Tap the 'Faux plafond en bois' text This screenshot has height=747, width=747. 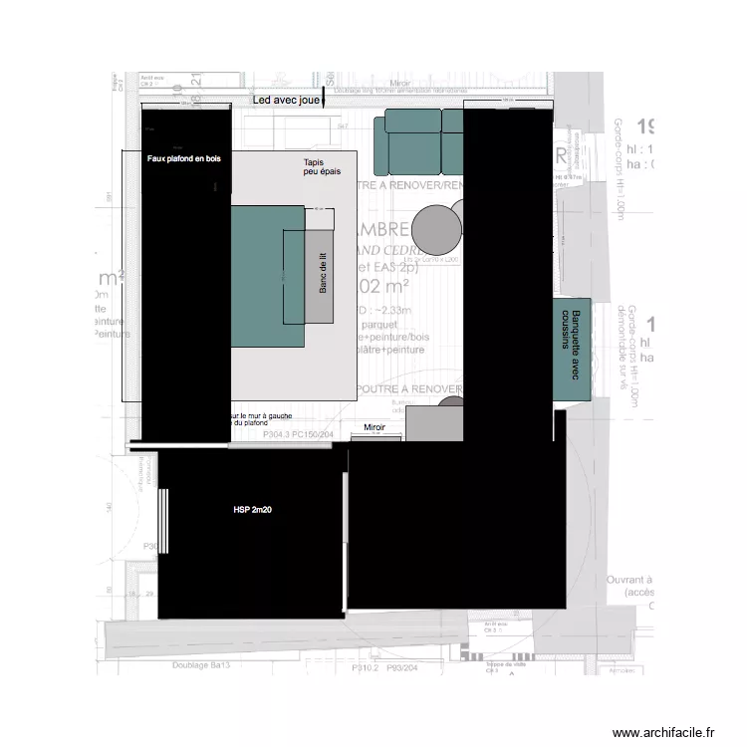(184, 158)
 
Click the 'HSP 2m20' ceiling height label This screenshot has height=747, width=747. (253, 509)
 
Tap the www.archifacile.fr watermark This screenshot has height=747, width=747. (663, 732)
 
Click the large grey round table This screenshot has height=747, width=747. (436, 230)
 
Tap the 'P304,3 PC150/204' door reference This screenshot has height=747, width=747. (297, 435)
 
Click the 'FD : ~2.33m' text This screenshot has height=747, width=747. (379, 312)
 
